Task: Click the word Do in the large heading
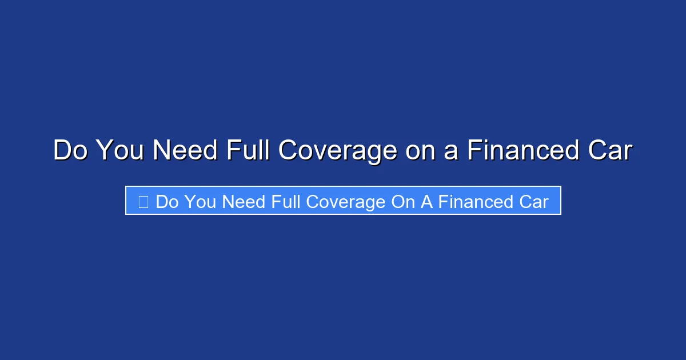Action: (x=71, y=151)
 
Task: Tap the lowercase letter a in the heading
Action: (x=452, y=151)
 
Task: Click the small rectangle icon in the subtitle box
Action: (x=143, y=202)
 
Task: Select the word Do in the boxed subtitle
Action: (x=167, y=202)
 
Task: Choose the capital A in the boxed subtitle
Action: (x=426, y=202)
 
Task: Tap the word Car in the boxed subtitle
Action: (x=533, y=202)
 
